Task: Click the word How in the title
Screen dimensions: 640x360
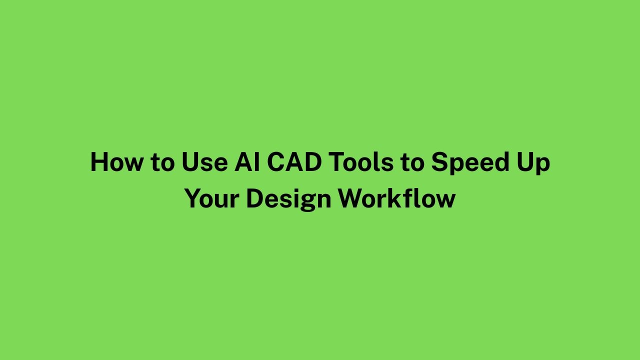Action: [x=116, y=162]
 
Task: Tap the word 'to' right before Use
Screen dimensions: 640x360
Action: [x=162, y=163]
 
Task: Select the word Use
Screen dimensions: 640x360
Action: [x=204, y=162]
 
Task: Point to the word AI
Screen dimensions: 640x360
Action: [x=247, y=162]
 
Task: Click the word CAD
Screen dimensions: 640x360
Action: [x=294, y=162]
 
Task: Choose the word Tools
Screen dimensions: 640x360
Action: [x=361, y=161]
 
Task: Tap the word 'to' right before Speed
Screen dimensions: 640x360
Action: [x=412, y=163]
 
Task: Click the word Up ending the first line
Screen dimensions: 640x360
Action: [x=533, y=163]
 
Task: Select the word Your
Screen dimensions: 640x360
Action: [x=211, y=198]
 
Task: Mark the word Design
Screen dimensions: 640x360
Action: [x=288, y=199]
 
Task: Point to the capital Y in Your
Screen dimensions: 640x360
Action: [x=193, y=198]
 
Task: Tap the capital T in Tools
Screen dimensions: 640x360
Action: [x=337, y=162]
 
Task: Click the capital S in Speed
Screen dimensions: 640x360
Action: [x=439, y=162]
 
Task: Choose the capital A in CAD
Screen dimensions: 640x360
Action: [x=294, y=162]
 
